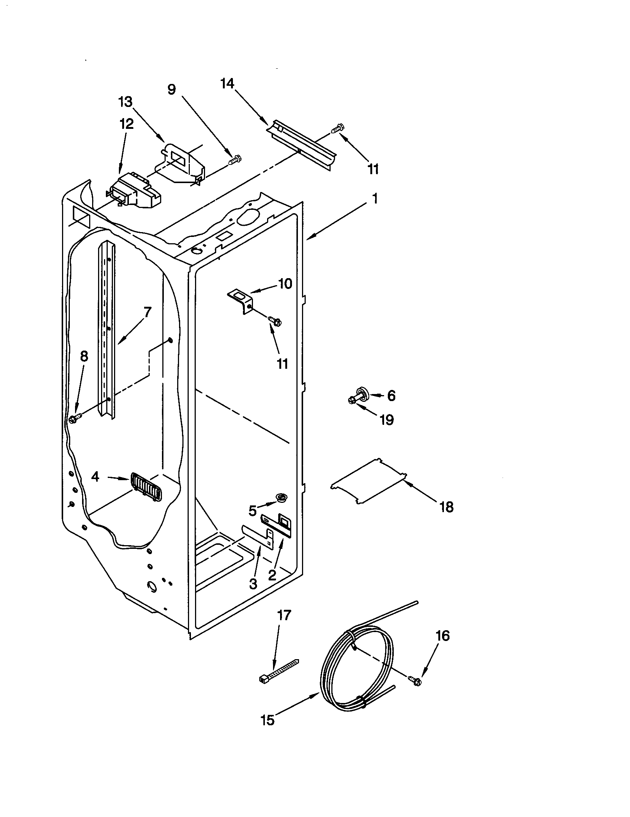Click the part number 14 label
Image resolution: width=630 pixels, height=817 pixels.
pyautogui.click(x=227, y=84)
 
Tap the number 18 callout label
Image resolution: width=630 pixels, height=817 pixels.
pyautogui.click(x=447, y=507)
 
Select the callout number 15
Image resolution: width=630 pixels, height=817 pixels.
pyautogui.click(x=268, y=720)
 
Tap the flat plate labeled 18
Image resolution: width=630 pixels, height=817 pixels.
pyautogui.click(x=368, y=481)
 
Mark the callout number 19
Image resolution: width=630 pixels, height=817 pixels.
pyautogui.click(x=386, y=420)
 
